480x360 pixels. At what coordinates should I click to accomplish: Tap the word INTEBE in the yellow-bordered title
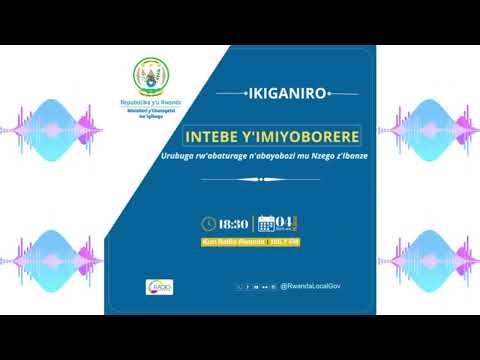point(220,134)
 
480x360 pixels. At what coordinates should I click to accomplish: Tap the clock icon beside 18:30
point(209,223)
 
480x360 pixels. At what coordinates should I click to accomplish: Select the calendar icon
point(266,224)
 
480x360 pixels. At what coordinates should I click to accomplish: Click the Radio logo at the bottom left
point(160,287)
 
